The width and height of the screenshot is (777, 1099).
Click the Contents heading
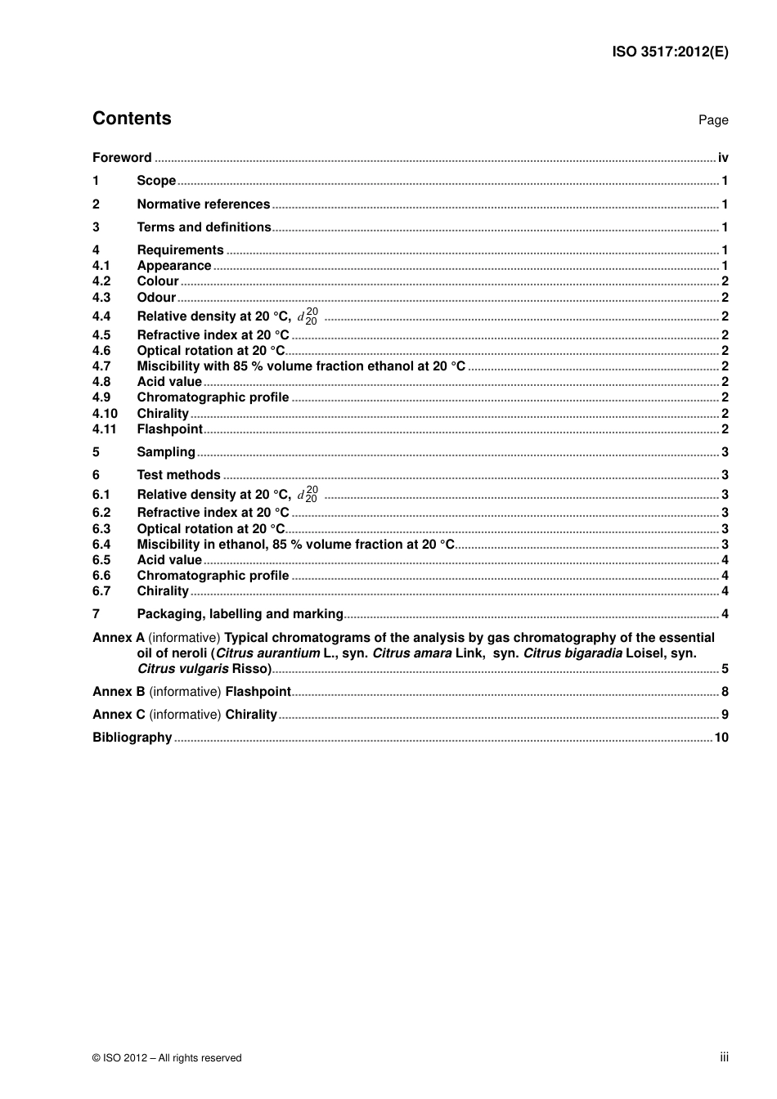pos(132,119)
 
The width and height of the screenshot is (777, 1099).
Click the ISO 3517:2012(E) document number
pos(670,52)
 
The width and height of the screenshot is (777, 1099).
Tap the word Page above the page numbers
pos(712,120)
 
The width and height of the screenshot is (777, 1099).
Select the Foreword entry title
pos(122,158)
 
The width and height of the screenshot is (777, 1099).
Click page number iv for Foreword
pos(723,158)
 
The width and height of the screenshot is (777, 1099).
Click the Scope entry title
pos(156,181)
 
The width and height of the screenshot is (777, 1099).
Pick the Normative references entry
pos(203,204)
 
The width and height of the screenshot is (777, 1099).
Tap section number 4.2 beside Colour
pos(101,281)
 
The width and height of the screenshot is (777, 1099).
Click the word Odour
pos(156,298)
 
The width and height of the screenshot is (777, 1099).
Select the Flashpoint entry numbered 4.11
pos(169,429)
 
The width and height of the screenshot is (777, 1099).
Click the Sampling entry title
pos(166,452)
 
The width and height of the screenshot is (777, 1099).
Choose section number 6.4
pos(101,545)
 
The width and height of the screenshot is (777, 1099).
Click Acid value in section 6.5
pos(169,560)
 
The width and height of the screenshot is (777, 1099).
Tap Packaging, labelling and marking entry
pos(240,614)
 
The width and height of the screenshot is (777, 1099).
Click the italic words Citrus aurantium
pos(267,653)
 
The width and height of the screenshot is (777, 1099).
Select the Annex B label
pos(119,692)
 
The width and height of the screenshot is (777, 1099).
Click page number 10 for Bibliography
pos(721,738)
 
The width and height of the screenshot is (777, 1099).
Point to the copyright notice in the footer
pos(167,1058)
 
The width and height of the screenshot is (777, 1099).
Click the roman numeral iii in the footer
pos(724,1057)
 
